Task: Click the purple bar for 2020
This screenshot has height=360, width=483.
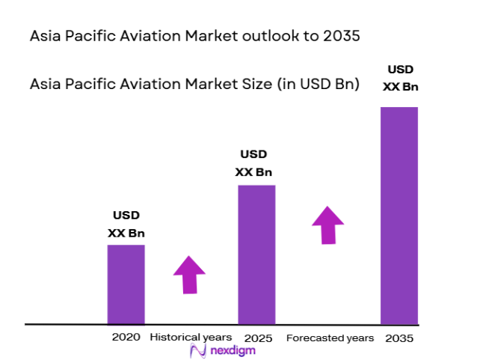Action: click(x=126, y=284)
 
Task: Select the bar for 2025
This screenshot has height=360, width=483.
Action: click(x=256, y=254)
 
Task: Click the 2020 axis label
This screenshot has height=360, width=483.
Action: click(x=126, y=338)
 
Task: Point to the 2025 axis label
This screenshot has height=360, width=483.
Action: click(x=256, y=338)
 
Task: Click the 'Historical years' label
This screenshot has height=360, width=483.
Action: click(x=191, y=338)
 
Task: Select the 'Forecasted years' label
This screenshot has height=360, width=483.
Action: click(x=330, y=338)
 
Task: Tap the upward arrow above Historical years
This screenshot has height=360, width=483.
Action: click(x=189, y=274)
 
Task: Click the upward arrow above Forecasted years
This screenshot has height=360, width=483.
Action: click(x=327, y=224)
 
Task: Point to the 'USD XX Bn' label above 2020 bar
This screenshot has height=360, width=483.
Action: click(x=126, y=224)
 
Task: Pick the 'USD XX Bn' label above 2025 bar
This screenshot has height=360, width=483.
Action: click(x=254, y=163)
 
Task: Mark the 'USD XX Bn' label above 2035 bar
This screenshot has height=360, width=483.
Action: click(x=400, y=78)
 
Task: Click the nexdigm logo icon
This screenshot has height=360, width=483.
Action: click(x=197, y=352)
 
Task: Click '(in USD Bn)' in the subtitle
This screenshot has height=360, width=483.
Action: click(x=318, y=85)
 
